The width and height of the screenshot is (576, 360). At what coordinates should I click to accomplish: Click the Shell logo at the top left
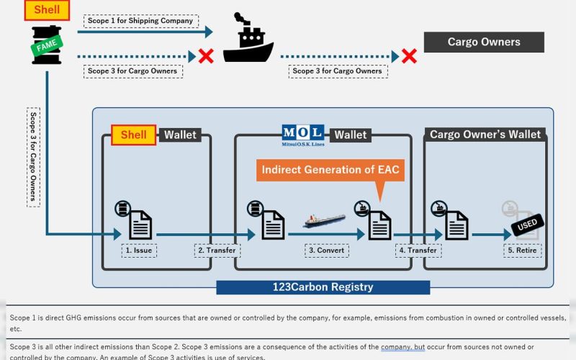click(47, 10)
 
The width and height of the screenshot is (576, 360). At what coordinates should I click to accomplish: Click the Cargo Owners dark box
click(483, 42)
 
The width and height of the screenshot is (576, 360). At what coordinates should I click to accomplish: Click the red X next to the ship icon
click(206, 55)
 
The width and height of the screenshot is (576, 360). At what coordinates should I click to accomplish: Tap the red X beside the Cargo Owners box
click(409, 55)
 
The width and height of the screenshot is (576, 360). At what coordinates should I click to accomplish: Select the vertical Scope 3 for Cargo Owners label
click(33, 158)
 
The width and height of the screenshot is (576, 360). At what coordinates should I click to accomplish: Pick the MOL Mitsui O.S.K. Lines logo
click(302, 135)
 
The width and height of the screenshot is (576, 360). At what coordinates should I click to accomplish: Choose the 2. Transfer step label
click(217, 251)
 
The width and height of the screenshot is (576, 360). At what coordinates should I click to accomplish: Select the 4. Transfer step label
click(418, 251)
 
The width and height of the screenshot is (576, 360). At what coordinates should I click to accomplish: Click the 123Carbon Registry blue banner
click(323, 287)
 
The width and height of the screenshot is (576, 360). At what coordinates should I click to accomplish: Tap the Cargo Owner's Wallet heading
click(485, 135)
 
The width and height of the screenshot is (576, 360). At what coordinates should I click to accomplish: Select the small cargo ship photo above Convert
click(324, 220)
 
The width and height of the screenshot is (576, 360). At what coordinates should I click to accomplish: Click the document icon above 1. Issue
click(140, 224)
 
